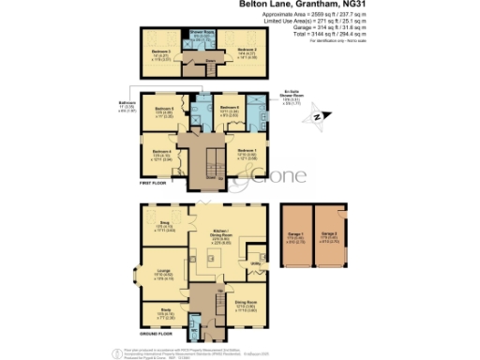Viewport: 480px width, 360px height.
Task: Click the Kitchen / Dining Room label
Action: click(224, 238)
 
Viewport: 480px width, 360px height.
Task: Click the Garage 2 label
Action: click(328, 236)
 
